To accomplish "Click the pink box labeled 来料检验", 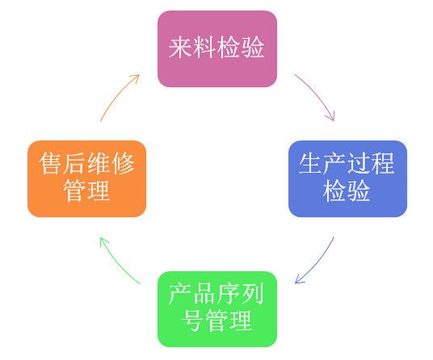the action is (x=217, y=48).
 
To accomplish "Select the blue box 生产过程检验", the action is (x=347, y=178).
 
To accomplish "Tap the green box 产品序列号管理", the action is (x=217, y=309).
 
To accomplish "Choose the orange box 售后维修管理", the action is (x=86, y=178).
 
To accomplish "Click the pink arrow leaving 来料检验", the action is (x=317, y=94).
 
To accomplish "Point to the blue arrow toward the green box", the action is (x=318, y=262).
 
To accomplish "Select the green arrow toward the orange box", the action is (x=117, y=263).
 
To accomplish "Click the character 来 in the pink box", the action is (x=180, y=48).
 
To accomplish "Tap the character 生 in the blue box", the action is (x=310, y=164).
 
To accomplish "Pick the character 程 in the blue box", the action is (x=383, y=164).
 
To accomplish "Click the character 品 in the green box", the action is (x=204, y=294).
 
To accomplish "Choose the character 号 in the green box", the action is (x=192, y=320).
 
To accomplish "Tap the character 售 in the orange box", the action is (x=50, y=164).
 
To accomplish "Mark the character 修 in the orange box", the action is (x=123, y=164).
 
